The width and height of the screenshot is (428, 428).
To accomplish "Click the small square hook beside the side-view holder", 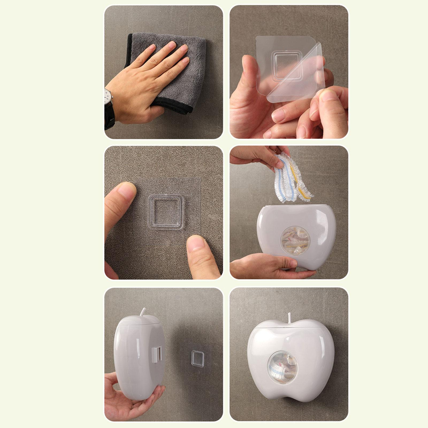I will [x=198, y=358].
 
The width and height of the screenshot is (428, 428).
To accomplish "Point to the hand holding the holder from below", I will [x=126, y=399].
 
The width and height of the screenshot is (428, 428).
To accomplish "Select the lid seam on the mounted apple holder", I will [x=292, y=328].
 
